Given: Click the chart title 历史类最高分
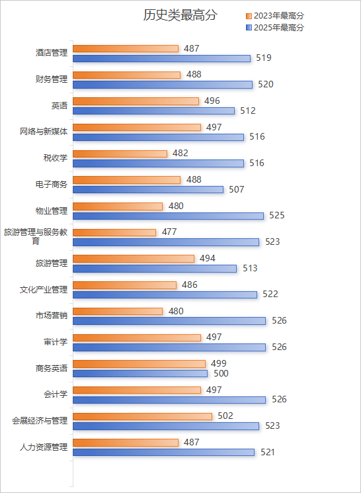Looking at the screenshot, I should [180, 16].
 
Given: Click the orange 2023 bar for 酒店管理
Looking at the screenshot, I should [126, 48].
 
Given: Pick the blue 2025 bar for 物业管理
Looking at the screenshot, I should [168, 216].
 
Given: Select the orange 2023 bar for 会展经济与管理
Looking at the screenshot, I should [142, 416].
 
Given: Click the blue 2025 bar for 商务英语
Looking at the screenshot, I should [140, 374].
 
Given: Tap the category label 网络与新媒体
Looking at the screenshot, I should [44, 132].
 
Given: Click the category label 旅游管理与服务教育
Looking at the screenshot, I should [36, 236].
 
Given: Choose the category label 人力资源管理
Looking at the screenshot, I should [40, 447].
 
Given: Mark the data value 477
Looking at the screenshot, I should [169, 232].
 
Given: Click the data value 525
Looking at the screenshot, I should [277, 216].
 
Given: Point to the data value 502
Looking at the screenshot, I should [225, 416].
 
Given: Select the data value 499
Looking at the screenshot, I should [219, 363].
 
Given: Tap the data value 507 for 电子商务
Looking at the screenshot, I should [237, 189].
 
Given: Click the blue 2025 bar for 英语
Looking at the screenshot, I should [153, 111].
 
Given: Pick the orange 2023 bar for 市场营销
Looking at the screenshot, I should [118, 311].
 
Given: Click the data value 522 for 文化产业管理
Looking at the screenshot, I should [270, 294].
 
